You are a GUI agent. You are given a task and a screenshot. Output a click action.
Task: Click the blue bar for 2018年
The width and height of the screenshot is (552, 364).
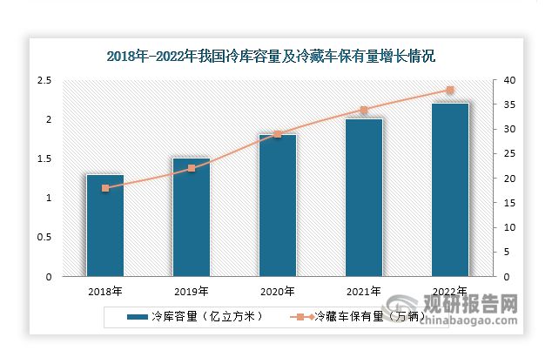[x=105, y=226]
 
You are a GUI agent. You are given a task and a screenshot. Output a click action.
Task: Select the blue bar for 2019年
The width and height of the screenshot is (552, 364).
[x=192, y=218]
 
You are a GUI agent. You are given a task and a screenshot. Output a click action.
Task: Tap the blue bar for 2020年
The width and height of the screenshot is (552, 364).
[x=278, y=206]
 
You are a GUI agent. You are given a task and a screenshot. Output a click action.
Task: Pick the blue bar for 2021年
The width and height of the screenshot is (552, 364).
[x=363, y=199]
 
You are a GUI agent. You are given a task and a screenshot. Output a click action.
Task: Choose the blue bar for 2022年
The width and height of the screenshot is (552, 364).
[x=449, y=191]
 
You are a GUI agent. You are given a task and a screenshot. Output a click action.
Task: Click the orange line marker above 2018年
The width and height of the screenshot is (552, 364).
[x=105, y=188]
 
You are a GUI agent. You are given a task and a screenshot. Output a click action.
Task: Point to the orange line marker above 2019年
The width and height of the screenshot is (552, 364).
[x=192, y=168]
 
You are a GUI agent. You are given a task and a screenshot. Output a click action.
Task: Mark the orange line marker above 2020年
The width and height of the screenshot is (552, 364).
[x=278, y=134]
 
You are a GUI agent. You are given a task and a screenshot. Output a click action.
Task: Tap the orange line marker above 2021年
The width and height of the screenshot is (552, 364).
[x=363, y=110]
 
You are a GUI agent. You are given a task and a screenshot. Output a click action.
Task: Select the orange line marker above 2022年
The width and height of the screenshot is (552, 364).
[x=449, y=90]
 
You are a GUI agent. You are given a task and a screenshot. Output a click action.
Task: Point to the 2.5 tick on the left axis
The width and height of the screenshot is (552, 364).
[x=44, y=80]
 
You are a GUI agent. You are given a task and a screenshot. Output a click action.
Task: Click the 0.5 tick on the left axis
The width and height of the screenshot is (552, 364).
[x=44, y=238]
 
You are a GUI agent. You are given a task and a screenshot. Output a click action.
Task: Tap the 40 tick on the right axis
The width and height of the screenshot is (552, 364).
[x=509, y=80]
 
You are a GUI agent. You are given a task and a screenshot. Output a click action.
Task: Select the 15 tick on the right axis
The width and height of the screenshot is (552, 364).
[x=508, y=203]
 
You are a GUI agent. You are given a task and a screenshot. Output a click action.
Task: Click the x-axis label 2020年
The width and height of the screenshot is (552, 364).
[x=278, y=290]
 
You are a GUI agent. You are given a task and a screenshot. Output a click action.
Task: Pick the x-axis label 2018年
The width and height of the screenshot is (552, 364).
[x=105, y=290]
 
